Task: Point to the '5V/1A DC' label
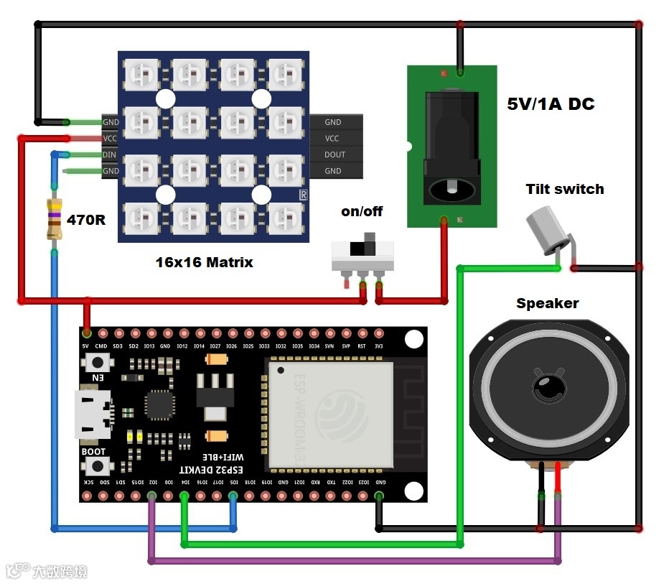pos(551,104)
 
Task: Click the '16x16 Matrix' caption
pos(205,262)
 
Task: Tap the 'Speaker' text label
pos(547,303)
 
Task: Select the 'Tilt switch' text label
pos(565,189)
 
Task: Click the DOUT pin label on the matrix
pos(334,154)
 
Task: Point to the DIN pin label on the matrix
pos(110,154)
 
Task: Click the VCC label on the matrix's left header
pos(110,138)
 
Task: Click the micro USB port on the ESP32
pos(93,414)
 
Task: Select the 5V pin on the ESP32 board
pos(87,333)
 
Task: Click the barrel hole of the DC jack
pos(451,190)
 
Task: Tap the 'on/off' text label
pos(362,211)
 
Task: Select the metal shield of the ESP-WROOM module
pos(331,412)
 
